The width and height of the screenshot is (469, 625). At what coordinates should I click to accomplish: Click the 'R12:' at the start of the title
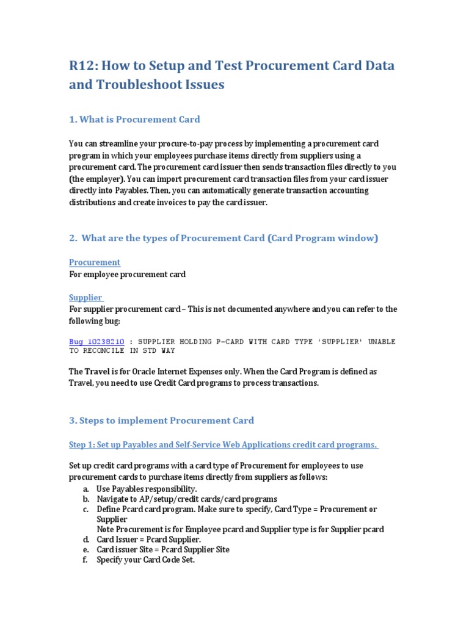coord(82,66)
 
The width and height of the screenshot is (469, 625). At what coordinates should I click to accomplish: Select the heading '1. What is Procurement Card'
coord(134,119)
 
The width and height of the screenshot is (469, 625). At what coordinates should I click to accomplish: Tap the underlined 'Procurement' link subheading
coord(95,262)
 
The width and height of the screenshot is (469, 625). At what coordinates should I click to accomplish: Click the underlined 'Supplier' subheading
coord(85,297)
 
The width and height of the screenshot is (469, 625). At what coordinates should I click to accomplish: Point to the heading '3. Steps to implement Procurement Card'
coord(161,421)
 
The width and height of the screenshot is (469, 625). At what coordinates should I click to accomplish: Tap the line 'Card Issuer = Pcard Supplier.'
coord(148,540)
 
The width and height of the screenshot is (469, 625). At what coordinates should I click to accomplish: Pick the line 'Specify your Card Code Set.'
coord(145,559)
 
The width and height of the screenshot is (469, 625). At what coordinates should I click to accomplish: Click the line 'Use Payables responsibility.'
coord(147,490)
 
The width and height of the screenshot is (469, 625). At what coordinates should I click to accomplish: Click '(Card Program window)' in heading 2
coord(322,238)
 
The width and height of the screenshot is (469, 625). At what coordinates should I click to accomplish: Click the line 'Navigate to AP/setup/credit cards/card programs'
coord(187,499)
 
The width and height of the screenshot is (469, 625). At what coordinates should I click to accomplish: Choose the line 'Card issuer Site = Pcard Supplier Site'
coord(163,549)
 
